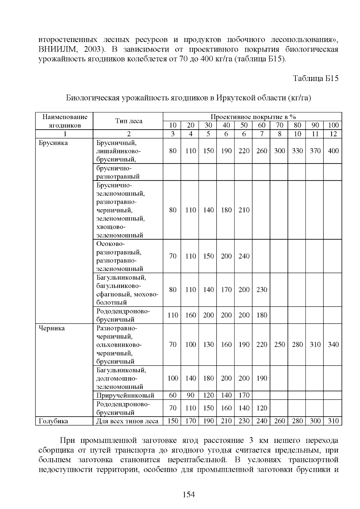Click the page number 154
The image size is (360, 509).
[x=189, y=495]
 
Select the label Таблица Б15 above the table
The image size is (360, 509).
[x=316, y=79]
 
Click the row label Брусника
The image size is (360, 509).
[x=53, y=143]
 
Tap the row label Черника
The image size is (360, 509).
[x=52, y=328]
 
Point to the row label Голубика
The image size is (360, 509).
[x=53, y=421]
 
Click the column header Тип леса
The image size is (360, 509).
[x=129, y=121]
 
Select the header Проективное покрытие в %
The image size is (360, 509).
[x=253, y=117]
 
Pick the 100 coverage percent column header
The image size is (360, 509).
[x=333, y=125]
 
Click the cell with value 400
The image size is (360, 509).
[x=333, y=151]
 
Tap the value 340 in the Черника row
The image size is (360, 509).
[x=333, y=345]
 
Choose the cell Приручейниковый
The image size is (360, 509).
[x=125, y=395]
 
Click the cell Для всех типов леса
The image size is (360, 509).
[x=127, y=421]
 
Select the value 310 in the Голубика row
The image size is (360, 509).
[x=333, y=421]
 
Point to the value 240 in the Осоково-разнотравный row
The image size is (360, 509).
[x=244, y=256]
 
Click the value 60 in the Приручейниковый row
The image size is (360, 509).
[x=173, y=395]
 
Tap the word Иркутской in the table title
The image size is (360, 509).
[x=235, y=98]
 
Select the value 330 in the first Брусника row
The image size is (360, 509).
[x=297, y=151]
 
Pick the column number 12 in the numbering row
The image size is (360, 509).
[x=333, y=134]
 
